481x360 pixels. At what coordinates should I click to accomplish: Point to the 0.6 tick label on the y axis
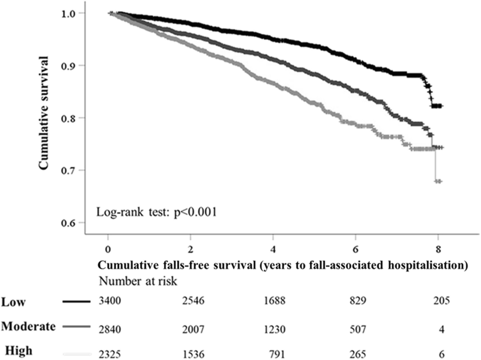(x=68, y=223)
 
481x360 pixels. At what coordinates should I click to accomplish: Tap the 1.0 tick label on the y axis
(x=68, y=14)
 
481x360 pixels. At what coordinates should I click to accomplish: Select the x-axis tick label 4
(x=273, y=249)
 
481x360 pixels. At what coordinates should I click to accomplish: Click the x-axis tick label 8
(x=438, y=249)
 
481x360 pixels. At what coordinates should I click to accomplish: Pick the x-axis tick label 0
(x=108, y=249)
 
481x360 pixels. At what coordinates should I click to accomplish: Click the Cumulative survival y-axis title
(x=44, y=113)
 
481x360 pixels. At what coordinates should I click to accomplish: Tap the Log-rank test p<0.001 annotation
(x=157, y=212)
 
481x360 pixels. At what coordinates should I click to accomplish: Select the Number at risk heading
(x=138, y=281)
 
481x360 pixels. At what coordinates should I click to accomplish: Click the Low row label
(x=13, y=302)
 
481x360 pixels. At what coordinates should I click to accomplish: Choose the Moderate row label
(x=28, y=326)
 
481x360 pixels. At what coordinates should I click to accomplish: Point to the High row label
(x=19, y=351)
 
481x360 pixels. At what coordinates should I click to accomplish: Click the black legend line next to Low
(x=77, y=301)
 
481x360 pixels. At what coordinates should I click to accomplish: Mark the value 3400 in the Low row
(x=110, y=301)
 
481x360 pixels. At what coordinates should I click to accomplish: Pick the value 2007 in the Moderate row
(x=193, y=329)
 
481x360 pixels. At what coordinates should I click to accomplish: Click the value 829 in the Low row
(x=357, y=301)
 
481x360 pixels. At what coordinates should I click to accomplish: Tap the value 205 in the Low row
(x=441, y=301)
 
